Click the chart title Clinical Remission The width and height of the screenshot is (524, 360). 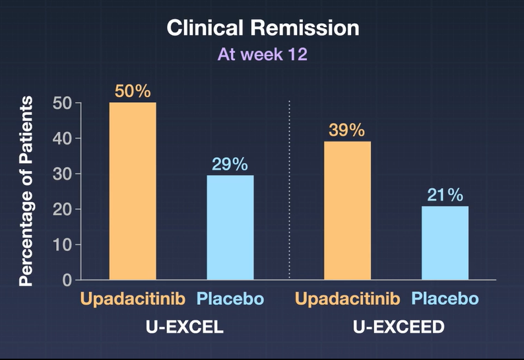(x=263, y=28)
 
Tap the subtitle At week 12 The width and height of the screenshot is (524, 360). (x=263, y=54)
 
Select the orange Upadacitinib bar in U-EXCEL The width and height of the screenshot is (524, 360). (x=133, y=191)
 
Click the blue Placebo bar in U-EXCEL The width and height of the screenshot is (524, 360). (x=230, y=227)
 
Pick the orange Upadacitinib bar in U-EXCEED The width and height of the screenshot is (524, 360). (x=347, y=210)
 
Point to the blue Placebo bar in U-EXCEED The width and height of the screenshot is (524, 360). (x=445, y=242)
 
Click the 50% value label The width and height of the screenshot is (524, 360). (x=133, y=91)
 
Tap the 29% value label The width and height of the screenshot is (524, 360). (x=230, y=164)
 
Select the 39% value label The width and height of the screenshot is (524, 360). (x=346, y=130)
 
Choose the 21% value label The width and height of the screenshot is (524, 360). (x=445, y=195)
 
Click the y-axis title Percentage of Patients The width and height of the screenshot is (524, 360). (x=26, y=191)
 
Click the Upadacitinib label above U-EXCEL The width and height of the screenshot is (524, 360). (x=133, y=299)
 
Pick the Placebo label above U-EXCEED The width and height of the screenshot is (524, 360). (x=445, y=299)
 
